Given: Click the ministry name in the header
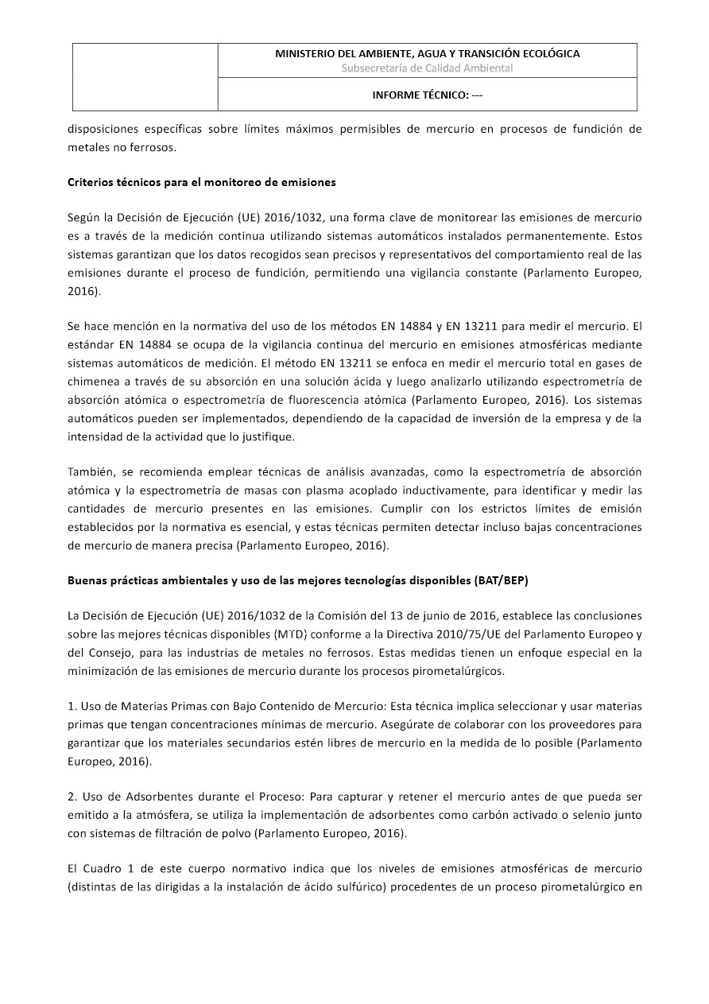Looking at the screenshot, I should pos(427,53).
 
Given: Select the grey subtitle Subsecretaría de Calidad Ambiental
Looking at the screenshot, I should pos(427,68).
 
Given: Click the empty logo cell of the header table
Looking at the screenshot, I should pos(145,77).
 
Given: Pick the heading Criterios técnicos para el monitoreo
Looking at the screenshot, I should pos(201,182).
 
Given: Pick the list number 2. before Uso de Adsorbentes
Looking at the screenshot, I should pos(72,796).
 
